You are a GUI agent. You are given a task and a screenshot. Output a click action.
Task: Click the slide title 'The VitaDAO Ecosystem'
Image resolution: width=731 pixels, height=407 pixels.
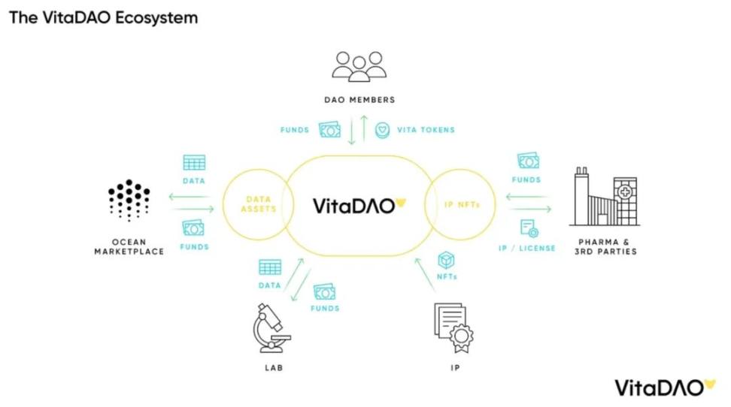coord(103,17)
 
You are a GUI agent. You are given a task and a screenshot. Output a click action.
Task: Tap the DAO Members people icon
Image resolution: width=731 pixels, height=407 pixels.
coord(359,66)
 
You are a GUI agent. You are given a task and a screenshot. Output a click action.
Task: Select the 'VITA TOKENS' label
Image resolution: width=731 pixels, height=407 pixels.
coord(426,130)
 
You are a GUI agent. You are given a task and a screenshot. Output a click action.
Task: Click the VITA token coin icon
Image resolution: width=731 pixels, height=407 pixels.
coord(383,129)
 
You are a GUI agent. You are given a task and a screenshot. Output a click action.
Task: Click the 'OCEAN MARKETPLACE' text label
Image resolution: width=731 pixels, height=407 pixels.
coord(129,246)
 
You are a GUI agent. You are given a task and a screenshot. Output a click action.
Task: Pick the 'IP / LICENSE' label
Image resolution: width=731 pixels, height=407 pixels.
coord(527,248)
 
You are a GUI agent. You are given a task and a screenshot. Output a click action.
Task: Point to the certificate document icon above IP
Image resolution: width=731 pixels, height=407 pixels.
coord(453,327)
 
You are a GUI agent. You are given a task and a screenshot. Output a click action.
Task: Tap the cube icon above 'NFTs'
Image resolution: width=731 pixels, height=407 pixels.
coord(447,260)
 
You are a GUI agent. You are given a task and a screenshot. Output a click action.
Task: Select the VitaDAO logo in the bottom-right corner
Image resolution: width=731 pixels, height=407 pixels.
coord(665,387)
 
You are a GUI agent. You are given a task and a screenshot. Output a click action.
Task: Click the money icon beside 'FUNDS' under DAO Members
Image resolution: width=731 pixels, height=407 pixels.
coord(330,129)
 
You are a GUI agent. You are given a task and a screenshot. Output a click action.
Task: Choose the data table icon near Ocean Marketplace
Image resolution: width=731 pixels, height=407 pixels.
coord(194,162)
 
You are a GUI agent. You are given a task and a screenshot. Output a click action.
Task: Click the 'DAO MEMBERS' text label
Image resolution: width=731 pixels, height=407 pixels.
coord(359,99)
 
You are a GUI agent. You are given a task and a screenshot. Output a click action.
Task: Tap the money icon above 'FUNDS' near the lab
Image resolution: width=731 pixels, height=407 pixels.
coord(324,292)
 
